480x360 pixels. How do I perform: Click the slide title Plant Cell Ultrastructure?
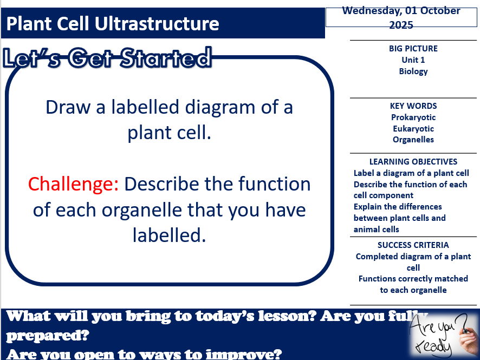tap(113, 24)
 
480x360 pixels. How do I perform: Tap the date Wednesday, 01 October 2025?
tap(401, 17)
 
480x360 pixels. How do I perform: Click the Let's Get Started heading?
tap(107, 58)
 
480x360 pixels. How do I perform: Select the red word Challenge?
tap(73, 184)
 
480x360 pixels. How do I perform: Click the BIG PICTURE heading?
tap(413, 48)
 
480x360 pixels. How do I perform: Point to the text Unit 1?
tap(413, 60)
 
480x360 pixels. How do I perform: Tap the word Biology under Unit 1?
tap(413, 71)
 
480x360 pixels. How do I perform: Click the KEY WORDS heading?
tap(413, 106)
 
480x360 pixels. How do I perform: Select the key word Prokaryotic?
tap(413, 117)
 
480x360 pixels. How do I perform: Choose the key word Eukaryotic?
tap(413, 128)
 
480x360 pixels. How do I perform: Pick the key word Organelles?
tap(413, 139)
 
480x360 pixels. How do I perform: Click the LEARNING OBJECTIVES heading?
tap(413, 161)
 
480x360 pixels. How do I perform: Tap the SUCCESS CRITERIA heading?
tap(413, 245)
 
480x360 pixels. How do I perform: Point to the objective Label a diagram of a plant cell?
tap(411, 173)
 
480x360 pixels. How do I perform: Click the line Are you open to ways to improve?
tap(145, 355)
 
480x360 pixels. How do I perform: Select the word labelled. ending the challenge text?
tap(169, 235)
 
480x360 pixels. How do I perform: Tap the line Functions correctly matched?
tap(413, 278)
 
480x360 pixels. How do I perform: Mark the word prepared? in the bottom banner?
tap(48, 335)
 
